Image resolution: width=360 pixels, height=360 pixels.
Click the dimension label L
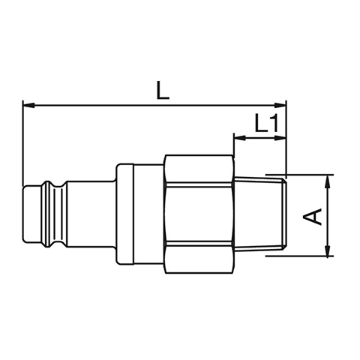(163, 90)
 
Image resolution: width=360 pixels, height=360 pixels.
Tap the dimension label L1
(266, 123)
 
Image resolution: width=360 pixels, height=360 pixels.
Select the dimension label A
(312, 216)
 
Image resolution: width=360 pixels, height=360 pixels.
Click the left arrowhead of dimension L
(28, 105)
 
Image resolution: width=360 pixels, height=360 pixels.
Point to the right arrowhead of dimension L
(280, 105)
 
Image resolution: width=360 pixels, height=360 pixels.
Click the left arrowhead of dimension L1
(240, 138)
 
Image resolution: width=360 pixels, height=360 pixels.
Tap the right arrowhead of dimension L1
(280, 138)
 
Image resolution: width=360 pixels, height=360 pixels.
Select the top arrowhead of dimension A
(328, 181)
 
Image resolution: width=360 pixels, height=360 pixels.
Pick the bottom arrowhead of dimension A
(328, 250)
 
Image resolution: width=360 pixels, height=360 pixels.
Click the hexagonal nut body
(199, 214)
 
